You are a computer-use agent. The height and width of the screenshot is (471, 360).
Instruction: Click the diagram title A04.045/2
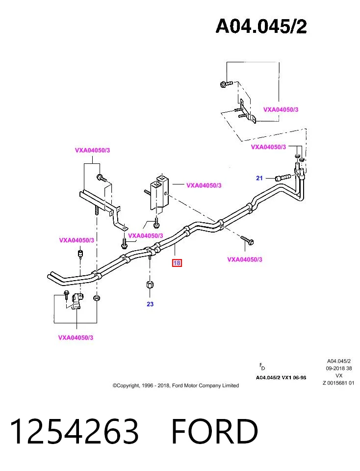point(261,26)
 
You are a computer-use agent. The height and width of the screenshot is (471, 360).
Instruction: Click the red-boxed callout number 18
point(177,263)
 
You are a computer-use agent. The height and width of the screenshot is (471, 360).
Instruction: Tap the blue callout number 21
point(259,178)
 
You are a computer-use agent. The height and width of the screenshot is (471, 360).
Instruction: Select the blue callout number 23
point(150,304)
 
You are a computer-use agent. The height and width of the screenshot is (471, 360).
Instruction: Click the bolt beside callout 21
point(283,178)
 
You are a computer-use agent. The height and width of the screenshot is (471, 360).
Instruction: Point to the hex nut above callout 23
point(150,285)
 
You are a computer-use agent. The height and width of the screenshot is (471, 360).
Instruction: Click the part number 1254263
point(75,431)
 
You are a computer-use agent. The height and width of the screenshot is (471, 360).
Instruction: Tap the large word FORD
point(215,431)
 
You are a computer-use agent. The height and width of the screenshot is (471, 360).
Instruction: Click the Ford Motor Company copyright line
point(176,386)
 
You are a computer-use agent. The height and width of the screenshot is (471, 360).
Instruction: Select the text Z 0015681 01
point(338,383)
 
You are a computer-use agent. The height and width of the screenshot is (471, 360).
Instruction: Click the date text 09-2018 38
point(339,368)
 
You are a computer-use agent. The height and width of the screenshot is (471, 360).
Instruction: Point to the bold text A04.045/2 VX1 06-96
point(281,378)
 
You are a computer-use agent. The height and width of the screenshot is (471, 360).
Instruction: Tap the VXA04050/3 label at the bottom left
point(76,338)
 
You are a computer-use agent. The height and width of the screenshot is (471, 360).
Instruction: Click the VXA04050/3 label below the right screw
point(245,260)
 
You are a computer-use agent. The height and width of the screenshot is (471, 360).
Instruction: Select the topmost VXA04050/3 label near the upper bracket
point(281,109)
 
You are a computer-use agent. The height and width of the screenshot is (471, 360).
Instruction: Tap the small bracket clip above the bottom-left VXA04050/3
point(77,302)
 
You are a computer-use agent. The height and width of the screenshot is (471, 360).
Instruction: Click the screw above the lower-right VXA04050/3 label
point(247,240)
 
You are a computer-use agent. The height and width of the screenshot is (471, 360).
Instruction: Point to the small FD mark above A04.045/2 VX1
point(262,366)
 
